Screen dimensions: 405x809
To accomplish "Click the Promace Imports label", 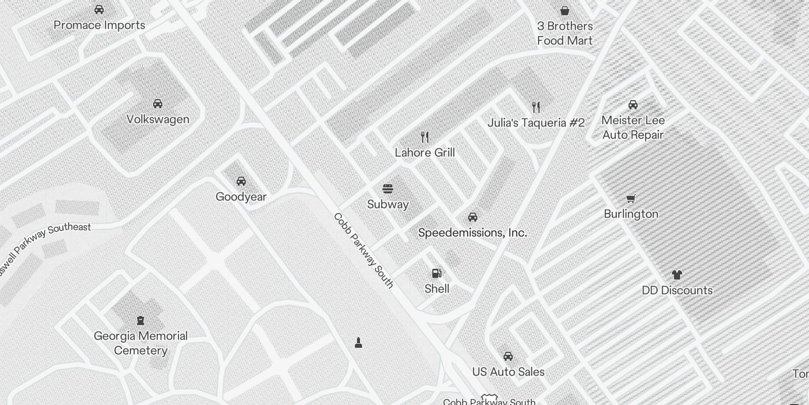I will tap(99, 25).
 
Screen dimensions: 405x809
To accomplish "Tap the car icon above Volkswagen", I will tap(158, 104).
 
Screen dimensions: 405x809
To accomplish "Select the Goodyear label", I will tap(241, 197).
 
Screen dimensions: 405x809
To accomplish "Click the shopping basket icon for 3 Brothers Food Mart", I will tap(565, 11).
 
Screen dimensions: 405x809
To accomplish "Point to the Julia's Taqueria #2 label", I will tap(536, 123).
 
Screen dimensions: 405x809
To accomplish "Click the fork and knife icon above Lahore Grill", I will tap(425, 137).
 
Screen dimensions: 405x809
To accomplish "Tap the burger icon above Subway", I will tap(388, 189).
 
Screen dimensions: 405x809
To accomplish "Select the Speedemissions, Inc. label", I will tap(472, 233).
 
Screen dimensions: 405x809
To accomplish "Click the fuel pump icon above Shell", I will tap(436, 274).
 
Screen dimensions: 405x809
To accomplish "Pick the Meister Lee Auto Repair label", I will tap(633, 128).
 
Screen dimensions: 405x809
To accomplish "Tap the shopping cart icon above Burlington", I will tap(631, 198).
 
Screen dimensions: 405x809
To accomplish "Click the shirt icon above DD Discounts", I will tap(677, 275).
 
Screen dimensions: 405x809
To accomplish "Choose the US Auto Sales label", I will tap(508, 372).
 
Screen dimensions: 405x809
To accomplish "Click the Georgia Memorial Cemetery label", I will tap(141, 343).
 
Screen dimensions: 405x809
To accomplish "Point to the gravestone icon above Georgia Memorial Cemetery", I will tap(141, 320).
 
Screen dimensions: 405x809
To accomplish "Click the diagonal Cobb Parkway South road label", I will tap(363, 251).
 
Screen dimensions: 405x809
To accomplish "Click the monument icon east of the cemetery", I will tap(358, 343).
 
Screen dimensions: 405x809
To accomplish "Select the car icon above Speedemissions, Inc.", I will tap(472, 217).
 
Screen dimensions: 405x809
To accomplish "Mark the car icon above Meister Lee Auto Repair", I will tap(633, 105).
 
